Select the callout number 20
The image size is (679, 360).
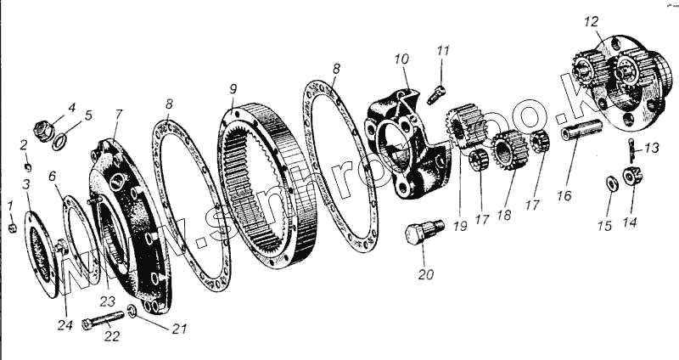pyautogui.click(x=425, y=274)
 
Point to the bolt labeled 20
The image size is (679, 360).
pyautogui.click(x=423, y=232)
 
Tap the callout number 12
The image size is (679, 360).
pyautogui.click(x=591, y=20)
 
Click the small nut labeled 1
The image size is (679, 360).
pyautogui.click(x=10, y=228)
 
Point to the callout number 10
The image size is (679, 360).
pyautogui.click(x=401, y=59)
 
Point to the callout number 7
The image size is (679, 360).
pyautogui.click(x=119, y=113)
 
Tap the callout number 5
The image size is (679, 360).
pyautogui.click(x=89, y=115)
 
